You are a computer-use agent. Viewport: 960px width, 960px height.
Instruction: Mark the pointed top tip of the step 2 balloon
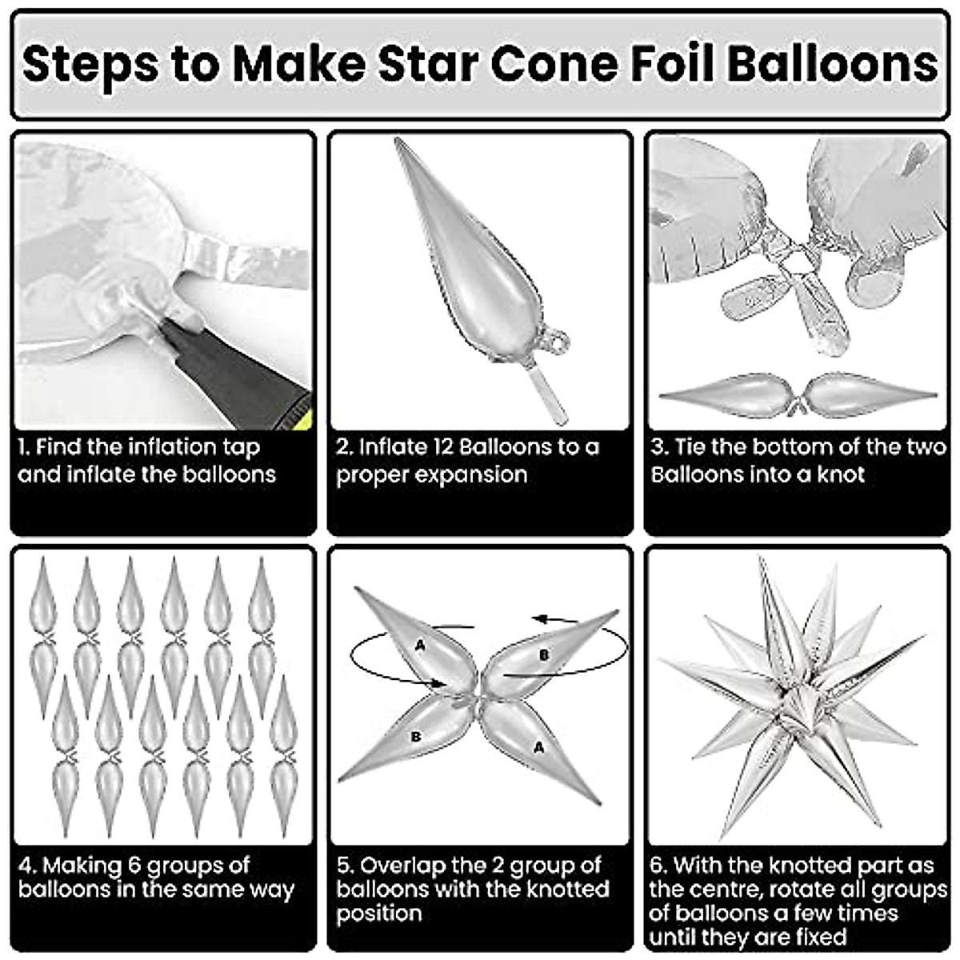[398, 142]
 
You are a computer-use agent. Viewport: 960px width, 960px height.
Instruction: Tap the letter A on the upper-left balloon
[420, 645]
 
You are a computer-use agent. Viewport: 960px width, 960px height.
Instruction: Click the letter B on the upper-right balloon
[544, 655]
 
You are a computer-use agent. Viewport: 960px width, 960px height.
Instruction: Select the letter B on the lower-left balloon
[415, 737]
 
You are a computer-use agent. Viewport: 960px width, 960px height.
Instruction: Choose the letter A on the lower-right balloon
[538, 746]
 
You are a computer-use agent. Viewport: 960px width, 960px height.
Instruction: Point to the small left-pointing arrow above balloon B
[552, 618]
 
